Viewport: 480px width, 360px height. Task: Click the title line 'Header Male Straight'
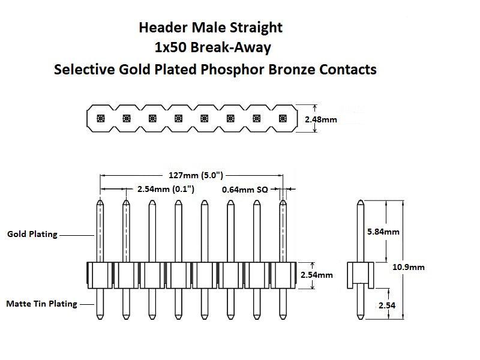coord(210,28)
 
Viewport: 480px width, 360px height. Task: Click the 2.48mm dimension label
coord(321,119)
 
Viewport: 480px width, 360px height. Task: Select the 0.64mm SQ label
coord(245,189)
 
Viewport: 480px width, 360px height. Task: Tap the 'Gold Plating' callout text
coord(32,234)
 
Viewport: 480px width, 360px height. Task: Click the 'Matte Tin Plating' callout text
coord(41,304)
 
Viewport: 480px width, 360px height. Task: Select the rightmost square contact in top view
coord(283,118)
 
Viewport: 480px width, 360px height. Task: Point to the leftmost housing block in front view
coord(100,275)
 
